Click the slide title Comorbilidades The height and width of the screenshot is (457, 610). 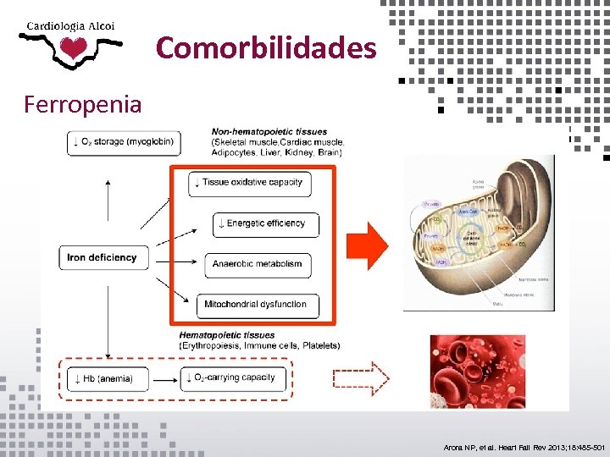pos(266,47)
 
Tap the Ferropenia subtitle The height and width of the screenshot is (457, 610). pos(83,105)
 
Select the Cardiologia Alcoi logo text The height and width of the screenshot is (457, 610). pos(71,25)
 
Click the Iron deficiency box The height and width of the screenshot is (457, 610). pos(103,257)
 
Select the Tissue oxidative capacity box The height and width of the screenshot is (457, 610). pos(252,183)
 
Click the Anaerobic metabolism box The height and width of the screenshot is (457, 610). pos(257,264)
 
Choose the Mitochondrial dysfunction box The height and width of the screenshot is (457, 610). pos(256,305)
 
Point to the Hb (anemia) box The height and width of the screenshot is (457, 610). pos(109,378)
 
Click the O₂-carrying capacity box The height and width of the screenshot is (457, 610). pos(234,377)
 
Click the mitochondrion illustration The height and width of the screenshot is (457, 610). pos(479,232)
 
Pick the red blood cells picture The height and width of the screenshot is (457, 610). pos(477,366)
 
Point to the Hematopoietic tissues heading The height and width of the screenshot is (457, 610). pos(227,336)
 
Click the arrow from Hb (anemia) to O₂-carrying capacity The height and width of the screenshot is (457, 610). pos(167,378)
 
